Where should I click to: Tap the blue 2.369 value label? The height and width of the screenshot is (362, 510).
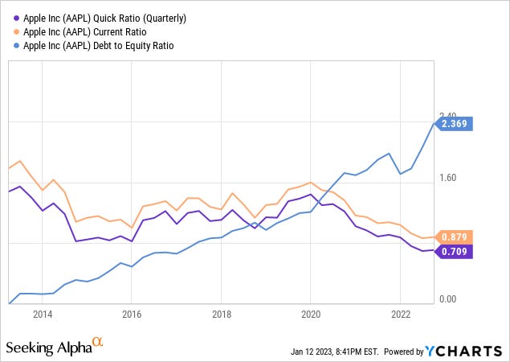click(455, 124)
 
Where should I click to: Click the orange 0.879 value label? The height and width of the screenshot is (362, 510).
click(455, 237)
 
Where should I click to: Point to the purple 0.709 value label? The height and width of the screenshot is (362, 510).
click(455, 251)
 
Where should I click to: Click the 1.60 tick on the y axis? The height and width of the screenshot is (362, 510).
click(447, 179)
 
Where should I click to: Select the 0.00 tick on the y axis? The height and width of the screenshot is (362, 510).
click(447, 299)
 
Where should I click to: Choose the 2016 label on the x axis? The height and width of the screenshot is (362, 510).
click(132, 315)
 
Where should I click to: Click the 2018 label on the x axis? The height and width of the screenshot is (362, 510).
click(222, 315)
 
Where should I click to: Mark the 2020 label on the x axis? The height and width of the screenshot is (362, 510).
click(311, 315)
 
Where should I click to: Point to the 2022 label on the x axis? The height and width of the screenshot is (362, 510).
click(400, 315)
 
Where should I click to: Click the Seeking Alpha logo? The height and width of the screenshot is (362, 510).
click(48, 348)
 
